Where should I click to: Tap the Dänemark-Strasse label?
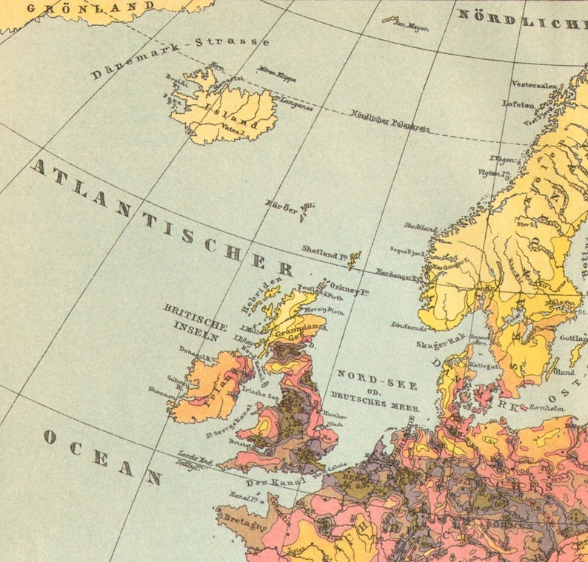point(180,56)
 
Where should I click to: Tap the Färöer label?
point(281,210)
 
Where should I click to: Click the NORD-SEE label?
point(377,379)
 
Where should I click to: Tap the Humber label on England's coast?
point(335,415)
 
